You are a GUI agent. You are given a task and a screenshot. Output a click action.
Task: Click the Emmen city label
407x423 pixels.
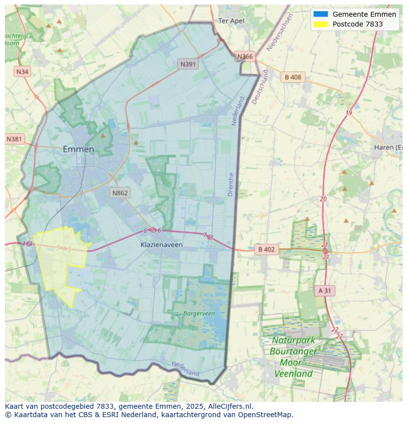[78, 149]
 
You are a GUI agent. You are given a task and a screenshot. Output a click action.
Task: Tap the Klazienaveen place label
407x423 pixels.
[162, 244]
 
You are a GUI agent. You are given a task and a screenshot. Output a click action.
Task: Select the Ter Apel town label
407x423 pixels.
[231, 21]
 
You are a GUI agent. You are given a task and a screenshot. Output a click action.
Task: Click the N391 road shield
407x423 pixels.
[188, 64]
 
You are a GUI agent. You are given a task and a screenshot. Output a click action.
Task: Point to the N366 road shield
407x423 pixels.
[245, 56]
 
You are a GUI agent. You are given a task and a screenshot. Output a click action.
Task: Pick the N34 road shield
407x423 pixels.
[22, 72]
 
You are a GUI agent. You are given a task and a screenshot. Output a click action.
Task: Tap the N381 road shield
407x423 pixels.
[14, 139]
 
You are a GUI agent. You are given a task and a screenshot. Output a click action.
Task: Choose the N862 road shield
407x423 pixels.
[120, 193]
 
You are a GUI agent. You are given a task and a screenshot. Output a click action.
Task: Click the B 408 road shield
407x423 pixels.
[292, 77]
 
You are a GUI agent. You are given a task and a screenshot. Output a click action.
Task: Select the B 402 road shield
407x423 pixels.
[266, 250]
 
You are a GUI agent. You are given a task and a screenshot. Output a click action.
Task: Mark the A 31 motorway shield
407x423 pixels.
[325, 291]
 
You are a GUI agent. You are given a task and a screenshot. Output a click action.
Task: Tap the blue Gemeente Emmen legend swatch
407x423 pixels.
[320, 14]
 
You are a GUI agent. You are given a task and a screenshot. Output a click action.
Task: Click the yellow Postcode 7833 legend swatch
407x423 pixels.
[320, 24]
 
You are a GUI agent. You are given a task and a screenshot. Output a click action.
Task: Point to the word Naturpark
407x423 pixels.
[293, 340]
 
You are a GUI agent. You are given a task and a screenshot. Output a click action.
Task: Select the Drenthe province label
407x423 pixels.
[231, 185]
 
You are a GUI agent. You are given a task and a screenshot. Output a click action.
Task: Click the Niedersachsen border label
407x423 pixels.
[279, 32]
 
